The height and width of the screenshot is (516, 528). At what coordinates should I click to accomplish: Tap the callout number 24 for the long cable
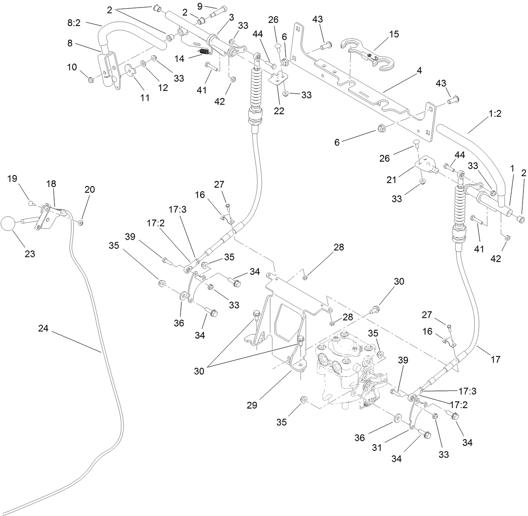[x=43, y=329]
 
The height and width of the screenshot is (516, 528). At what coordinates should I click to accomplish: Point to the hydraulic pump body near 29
[x=342, y=369]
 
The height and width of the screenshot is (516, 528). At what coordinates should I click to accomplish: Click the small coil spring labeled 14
[x=204, y=52]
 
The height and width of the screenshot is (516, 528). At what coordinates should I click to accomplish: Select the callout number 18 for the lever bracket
[x=51, y=183]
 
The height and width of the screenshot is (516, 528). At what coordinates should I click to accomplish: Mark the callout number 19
[x=12, y=178]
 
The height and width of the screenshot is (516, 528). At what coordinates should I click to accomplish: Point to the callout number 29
[x=252, y=405]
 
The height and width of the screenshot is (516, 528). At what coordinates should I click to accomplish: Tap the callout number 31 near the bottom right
[x=377, y=448]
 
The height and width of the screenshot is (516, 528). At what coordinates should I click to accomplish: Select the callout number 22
[x=279, y=111]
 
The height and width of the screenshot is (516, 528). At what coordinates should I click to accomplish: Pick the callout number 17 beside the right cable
[x=495, y=359]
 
